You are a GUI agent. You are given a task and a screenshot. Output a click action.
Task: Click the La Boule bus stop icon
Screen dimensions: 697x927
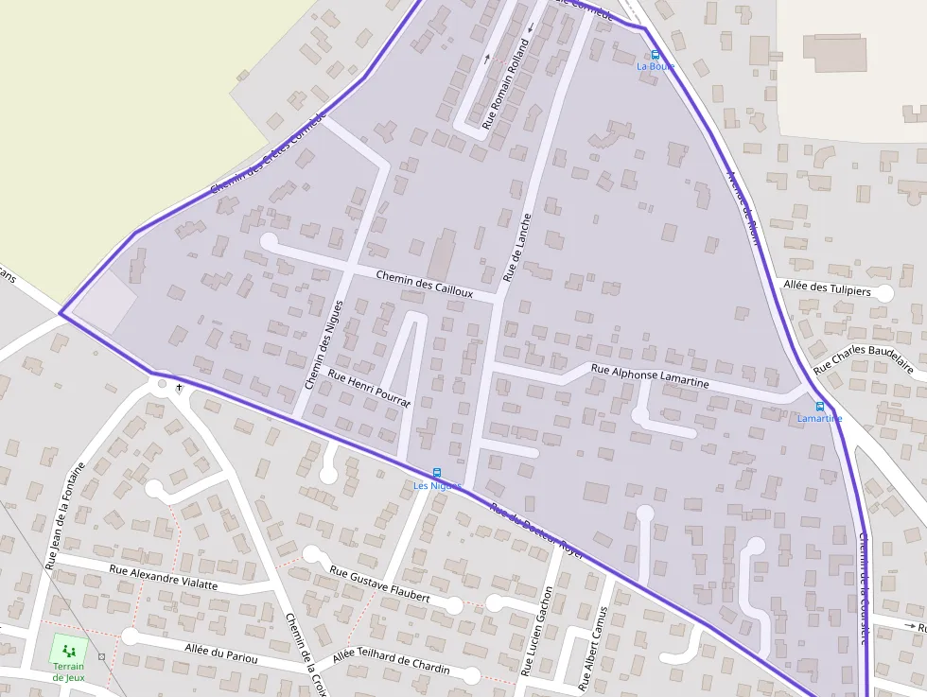click(x=656, y=55)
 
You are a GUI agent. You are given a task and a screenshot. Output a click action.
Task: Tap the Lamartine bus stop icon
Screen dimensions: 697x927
click(x=819, y=407)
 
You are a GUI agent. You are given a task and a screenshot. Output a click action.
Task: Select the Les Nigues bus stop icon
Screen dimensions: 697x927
click(x=436, y=473)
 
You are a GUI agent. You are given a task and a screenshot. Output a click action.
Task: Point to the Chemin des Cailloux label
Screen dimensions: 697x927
click(x=424, y=284)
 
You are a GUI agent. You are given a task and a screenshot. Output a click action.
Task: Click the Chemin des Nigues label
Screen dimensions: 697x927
click(x=323, y=345)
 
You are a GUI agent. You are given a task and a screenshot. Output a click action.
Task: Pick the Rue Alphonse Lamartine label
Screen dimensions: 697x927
click(x=649, y=375)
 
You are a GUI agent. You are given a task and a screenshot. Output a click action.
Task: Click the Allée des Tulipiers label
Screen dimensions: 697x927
click(x=827, y=289)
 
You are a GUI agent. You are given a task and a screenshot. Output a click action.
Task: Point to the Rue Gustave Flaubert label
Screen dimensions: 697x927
click(x=379, y=584)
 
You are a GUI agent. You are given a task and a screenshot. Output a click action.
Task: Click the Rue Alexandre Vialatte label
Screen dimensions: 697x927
click(x=163, y=577)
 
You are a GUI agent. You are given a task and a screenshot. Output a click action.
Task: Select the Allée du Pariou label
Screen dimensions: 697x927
click(x=221, y=652)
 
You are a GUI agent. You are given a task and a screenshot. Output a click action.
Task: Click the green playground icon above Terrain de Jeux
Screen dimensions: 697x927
click(x=68, y=651)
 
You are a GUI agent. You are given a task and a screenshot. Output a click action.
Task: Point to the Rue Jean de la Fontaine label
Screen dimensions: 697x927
click(x=64, y=515)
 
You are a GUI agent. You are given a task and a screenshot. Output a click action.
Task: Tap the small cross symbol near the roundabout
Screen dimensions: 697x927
click(x=178, y=387)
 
